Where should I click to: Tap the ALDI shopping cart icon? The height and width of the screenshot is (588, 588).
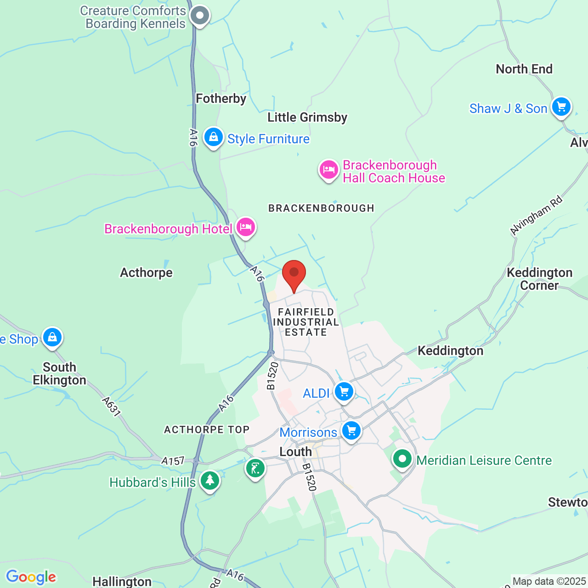344,392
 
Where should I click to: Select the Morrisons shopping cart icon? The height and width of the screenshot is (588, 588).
351,431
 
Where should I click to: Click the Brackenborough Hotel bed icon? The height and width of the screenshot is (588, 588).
246,227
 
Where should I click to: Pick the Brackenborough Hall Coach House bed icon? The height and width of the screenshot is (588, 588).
329,170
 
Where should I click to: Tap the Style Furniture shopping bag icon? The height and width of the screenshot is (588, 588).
214,137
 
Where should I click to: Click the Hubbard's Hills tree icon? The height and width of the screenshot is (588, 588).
210,481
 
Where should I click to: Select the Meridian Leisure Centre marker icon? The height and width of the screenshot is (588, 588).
402,458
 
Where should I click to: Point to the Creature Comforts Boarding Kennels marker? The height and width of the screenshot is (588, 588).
200,16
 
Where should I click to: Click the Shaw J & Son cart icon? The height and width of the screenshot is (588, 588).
561,107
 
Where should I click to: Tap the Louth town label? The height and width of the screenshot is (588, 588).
295,452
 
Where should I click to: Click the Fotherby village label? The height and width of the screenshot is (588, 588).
221,98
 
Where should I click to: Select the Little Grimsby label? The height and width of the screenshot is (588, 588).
307,117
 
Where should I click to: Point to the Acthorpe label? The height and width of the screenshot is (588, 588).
146,272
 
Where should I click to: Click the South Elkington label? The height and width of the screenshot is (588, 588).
59,373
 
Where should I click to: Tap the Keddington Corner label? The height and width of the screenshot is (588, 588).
539,279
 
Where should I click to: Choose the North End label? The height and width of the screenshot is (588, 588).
524,69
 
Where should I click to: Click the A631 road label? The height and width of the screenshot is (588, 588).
111,407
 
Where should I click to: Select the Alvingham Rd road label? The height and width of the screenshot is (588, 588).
537,215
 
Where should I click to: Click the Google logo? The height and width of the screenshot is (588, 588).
31,577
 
